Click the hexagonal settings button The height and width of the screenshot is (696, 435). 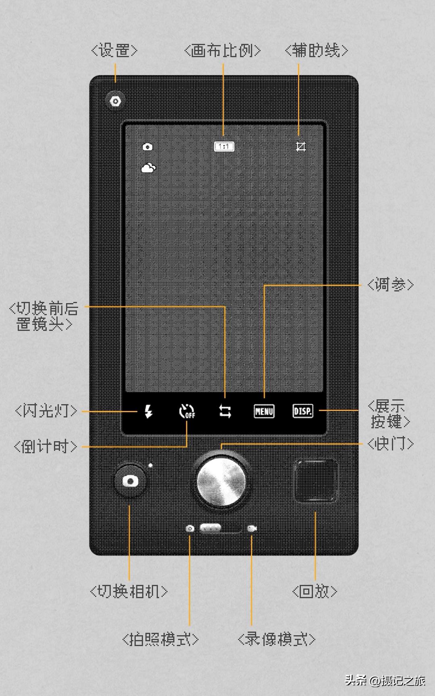pos(116,101)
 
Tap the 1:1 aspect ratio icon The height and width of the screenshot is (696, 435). pos(224,147)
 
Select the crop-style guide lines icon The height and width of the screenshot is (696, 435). pos(301,147)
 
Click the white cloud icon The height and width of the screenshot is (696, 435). pos(148,168)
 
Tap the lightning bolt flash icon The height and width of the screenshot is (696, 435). pos(149,411)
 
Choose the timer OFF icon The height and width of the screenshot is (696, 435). pos(187,411)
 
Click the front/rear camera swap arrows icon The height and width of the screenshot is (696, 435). pos(225,411)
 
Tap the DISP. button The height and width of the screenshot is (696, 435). pos(302,411)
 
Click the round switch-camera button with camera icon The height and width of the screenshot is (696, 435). pos(130,481)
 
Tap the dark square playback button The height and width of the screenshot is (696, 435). pos(315,480)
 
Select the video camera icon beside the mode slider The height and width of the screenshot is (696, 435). pos(252,528)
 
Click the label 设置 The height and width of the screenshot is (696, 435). pos(114,50)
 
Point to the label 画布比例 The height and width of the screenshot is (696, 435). pos(222,50)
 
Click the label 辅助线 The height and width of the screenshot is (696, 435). pos(316,50)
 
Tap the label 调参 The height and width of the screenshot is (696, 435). pos(390,285)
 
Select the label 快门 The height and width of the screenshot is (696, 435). pos(390,444)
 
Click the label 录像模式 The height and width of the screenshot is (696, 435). pos(276,639)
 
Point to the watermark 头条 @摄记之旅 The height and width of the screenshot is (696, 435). pos(385,680)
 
